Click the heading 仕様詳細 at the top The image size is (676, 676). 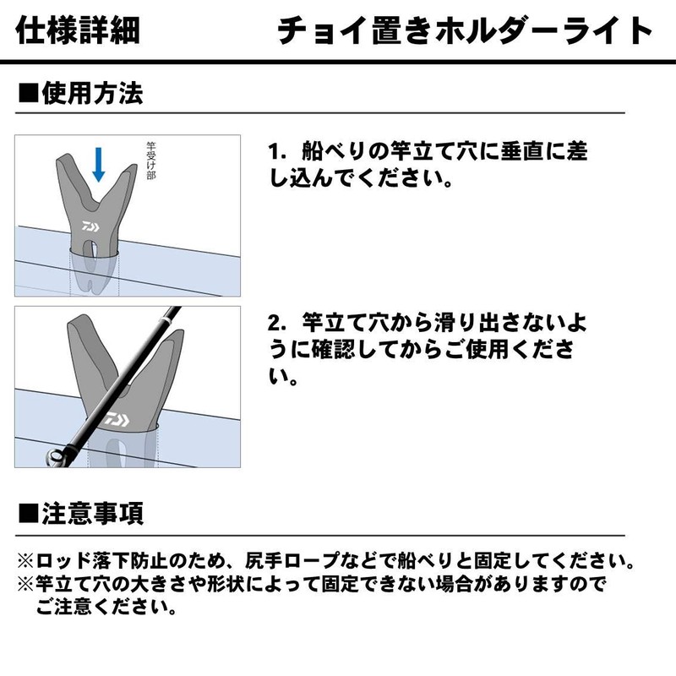(79, 31)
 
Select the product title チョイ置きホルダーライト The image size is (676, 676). (466, 31)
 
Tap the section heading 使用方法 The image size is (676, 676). (92, 93)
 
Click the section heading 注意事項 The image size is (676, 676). (92, 513)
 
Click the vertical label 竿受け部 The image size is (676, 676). (151, 165)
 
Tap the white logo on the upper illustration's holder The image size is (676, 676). (90, 226)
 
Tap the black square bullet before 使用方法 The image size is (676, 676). (27, 94)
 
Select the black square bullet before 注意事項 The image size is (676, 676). (27, 514)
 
